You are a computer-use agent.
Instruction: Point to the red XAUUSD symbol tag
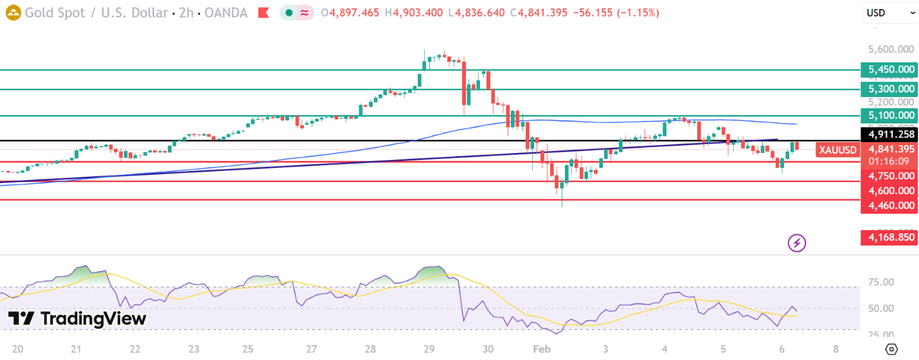(837, 150)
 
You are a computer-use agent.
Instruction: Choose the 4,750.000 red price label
(890, 175)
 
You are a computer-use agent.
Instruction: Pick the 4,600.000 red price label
(890, 190)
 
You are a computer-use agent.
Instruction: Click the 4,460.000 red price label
(890, 205)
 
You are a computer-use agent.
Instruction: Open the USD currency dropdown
(890, 12)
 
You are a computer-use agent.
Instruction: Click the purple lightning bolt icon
(797, 243)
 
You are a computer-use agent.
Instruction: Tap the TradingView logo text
(77, 318)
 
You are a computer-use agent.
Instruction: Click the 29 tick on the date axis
(429, 349)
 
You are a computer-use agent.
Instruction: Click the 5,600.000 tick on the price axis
(890, 50)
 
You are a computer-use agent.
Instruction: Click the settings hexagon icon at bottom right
(891, 349)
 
